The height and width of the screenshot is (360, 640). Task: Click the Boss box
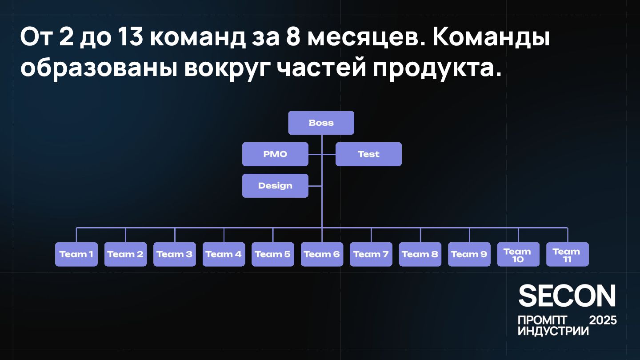pyautogui.click(x=321, y=123)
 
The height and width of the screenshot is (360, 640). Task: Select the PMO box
pyautogui.click(x=275, y=154)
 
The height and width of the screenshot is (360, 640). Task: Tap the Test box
pyautogui.click(x=368, y=154)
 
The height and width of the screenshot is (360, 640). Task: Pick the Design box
pyautogui.click(x=275, y=186)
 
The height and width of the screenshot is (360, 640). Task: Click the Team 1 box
pyautogui.click(x=76, y=254)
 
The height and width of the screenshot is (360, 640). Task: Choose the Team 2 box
pyautogui.click(x=125, y=254)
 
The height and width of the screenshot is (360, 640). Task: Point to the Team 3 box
pyautogui.click(x=175, y=254)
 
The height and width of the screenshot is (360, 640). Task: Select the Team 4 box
pyautogui.click(x=224, y=254)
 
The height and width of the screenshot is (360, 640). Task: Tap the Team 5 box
pyautogui.click(x=273, y=254)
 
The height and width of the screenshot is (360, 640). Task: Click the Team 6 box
pyautogui.click(x=322, y=254)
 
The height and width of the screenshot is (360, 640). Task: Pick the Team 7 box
pyautogui.click(x=371, y=254)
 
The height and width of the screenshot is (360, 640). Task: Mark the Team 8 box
pyautogui.click(x=420, y=254)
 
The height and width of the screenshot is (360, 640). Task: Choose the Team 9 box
pyautogui.click(x=469, y=254)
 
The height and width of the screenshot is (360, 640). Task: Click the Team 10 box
pyautogui.click(x=518, y=254)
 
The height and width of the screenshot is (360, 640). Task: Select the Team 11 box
pyautogui.click(x=567, y=254)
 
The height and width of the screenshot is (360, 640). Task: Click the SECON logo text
pyautogui.click(x=567, y=296)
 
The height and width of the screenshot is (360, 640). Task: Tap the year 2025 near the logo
pyautogui.click(x=603, y=320)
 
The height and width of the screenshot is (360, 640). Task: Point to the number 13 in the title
pyautogui.click(x=130, y=39)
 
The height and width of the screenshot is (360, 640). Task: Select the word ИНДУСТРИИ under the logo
pyautogui.click(x=553, y=331)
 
